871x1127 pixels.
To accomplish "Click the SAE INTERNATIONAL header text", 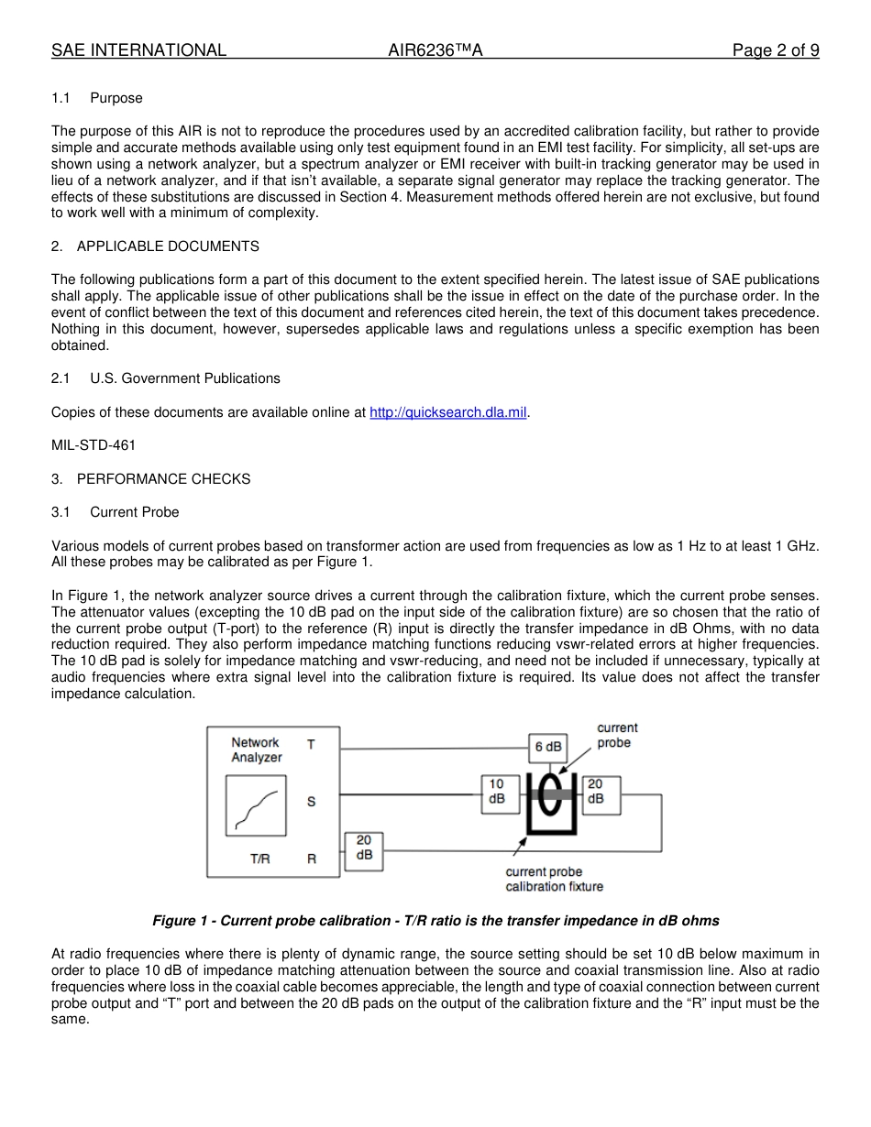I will pyautogui.click(x=138, y=50).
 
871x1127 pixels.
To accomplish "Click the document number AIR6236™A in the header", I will pyautogui.click(x=435, y=50).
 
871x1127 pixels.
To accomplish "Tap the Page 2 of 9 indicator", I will pyautogui.click(x=775, y=50).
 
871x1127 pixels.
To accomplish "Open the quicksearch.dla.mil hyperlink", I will pyautogui.click(x=447, y=412).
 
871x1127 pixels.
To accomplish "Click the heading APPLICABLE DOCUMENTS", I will pyautogui.click(x=168, y=246).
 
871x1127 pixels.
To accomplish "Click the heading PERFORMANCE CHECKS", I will pyautogui.click(x=163, y=479).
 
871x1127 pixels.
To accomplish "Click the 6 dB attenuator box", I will pyautogui.click(x=547, y=747).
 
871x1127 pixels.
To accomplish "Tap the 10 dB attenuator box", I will pyautogui.click(x=496, y=792).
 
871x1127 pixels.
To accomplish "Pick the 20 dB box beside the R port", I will pyautogui.click(x=363, y=848).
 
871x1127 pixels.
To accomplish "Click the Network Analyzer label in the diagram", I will pyautogui.click(x=256, y=750).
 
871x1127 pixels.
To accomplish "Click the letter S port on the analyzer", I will pyautogui.click(x=312, y=801).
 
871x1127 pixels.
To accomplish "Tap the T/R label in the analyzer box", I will pyautogui.click(x=260, y=859).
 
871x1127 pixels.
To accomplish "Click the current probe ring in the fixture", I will pyautogui.click(x=548, y=793).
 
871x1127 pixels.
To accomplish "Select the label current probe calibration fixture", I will pyautogui.click(x=554, y=880).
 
